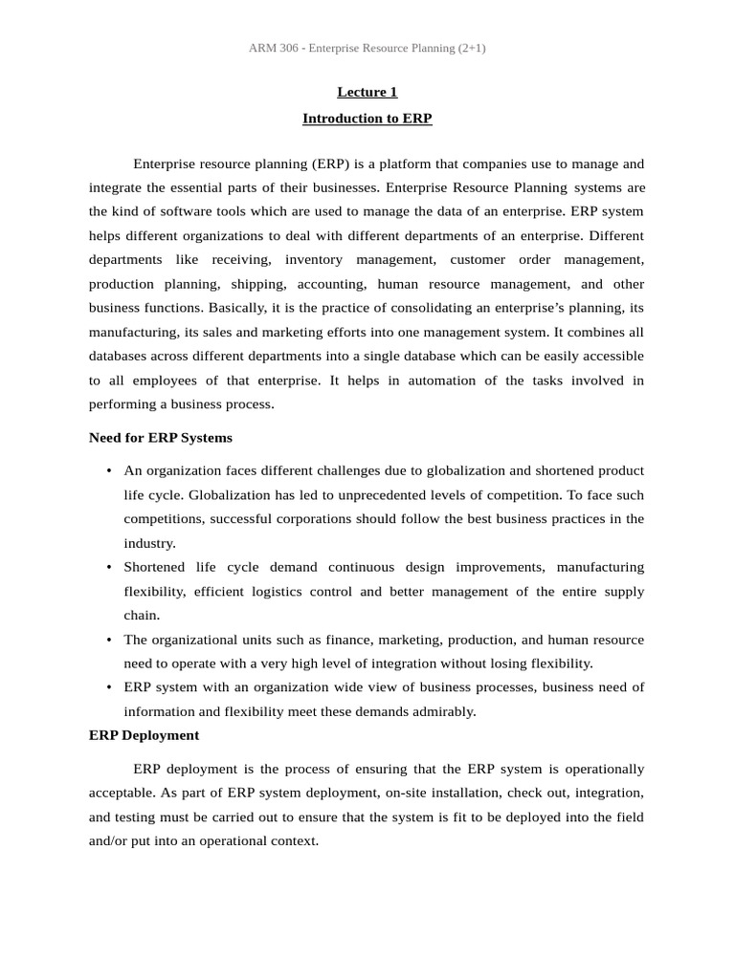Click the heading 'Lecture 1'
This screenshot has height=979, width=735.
point(367,93)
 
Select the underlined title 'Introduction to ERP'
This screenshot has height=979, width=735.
point(367,119)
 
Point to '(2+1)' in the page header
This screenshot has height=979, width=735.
point(469,48)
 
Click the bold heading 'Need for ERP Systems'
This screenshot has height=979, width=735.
point(160,438)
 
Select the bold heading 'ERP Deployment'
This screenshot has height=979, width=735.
point(144,735)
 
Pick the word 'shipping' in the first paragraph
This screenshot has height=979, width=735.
point(256,284)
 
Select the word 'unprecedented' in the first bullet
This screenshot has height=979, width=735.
point(399,495)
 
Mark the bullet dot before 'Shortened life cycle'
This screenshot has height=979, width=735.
point(109,568)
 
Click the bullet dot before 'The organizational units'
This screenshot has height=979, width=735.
point(109,640)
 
